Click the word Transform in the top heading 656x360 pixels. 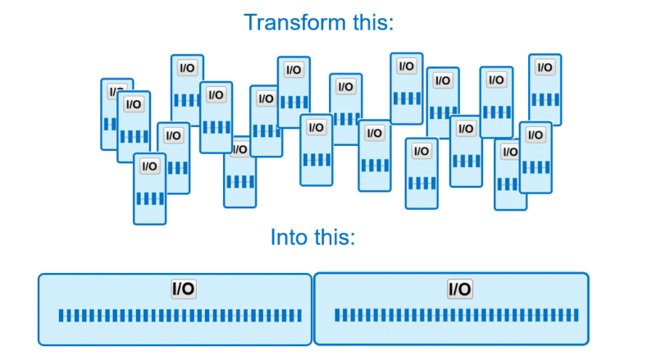pos(291,21)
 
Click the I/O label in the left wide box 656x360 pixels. pos(183,289)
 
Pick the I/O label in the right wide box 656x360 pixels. pos(459,289)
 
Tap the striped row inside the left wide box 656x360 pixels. pos(180,316)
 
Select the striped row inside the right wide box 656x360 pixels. pos(457,315)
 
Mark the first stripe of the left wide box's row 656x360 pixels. pos(61,316)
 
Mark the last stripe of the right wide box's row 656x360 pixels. pos(576,315)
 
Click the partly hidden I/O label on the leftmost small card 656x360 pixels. pos(114,91)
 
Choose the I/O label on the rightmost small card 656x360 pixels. pos(544,67)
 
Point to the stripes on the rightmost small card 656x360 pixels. pos(544,98)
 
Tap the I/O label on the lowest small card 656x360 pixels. pos(149,166)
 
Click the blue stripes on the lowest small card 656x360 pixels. pos(149,198)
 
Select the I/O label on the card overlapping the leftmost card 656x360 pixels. pos(133,104)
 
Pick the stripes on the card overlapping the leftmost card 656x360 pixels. pos(133,136)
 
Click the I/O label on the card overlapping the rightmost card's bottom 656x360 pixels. pos(535,134)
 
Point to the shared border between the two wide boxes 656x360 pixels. pos(313,308)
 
